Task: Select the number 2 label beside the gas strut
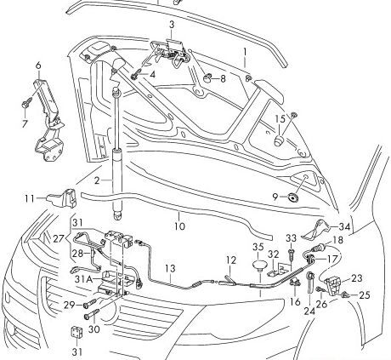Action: click(98, 180)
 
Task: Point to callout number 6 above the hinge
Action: click(38, 65)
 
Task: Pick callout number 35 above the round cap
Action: click(256, 248)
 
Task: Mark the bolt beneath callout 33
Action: click(292, 253)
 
